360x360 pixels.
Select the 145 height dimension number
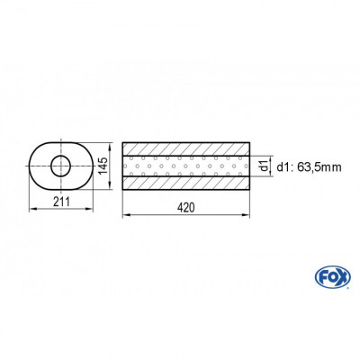[103, 165]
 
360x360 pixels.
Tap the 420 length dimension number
[185, 207]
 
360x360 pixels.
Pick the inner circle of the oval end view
[61, 165]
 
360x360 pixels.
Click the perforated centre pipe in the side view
[185, 166]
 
